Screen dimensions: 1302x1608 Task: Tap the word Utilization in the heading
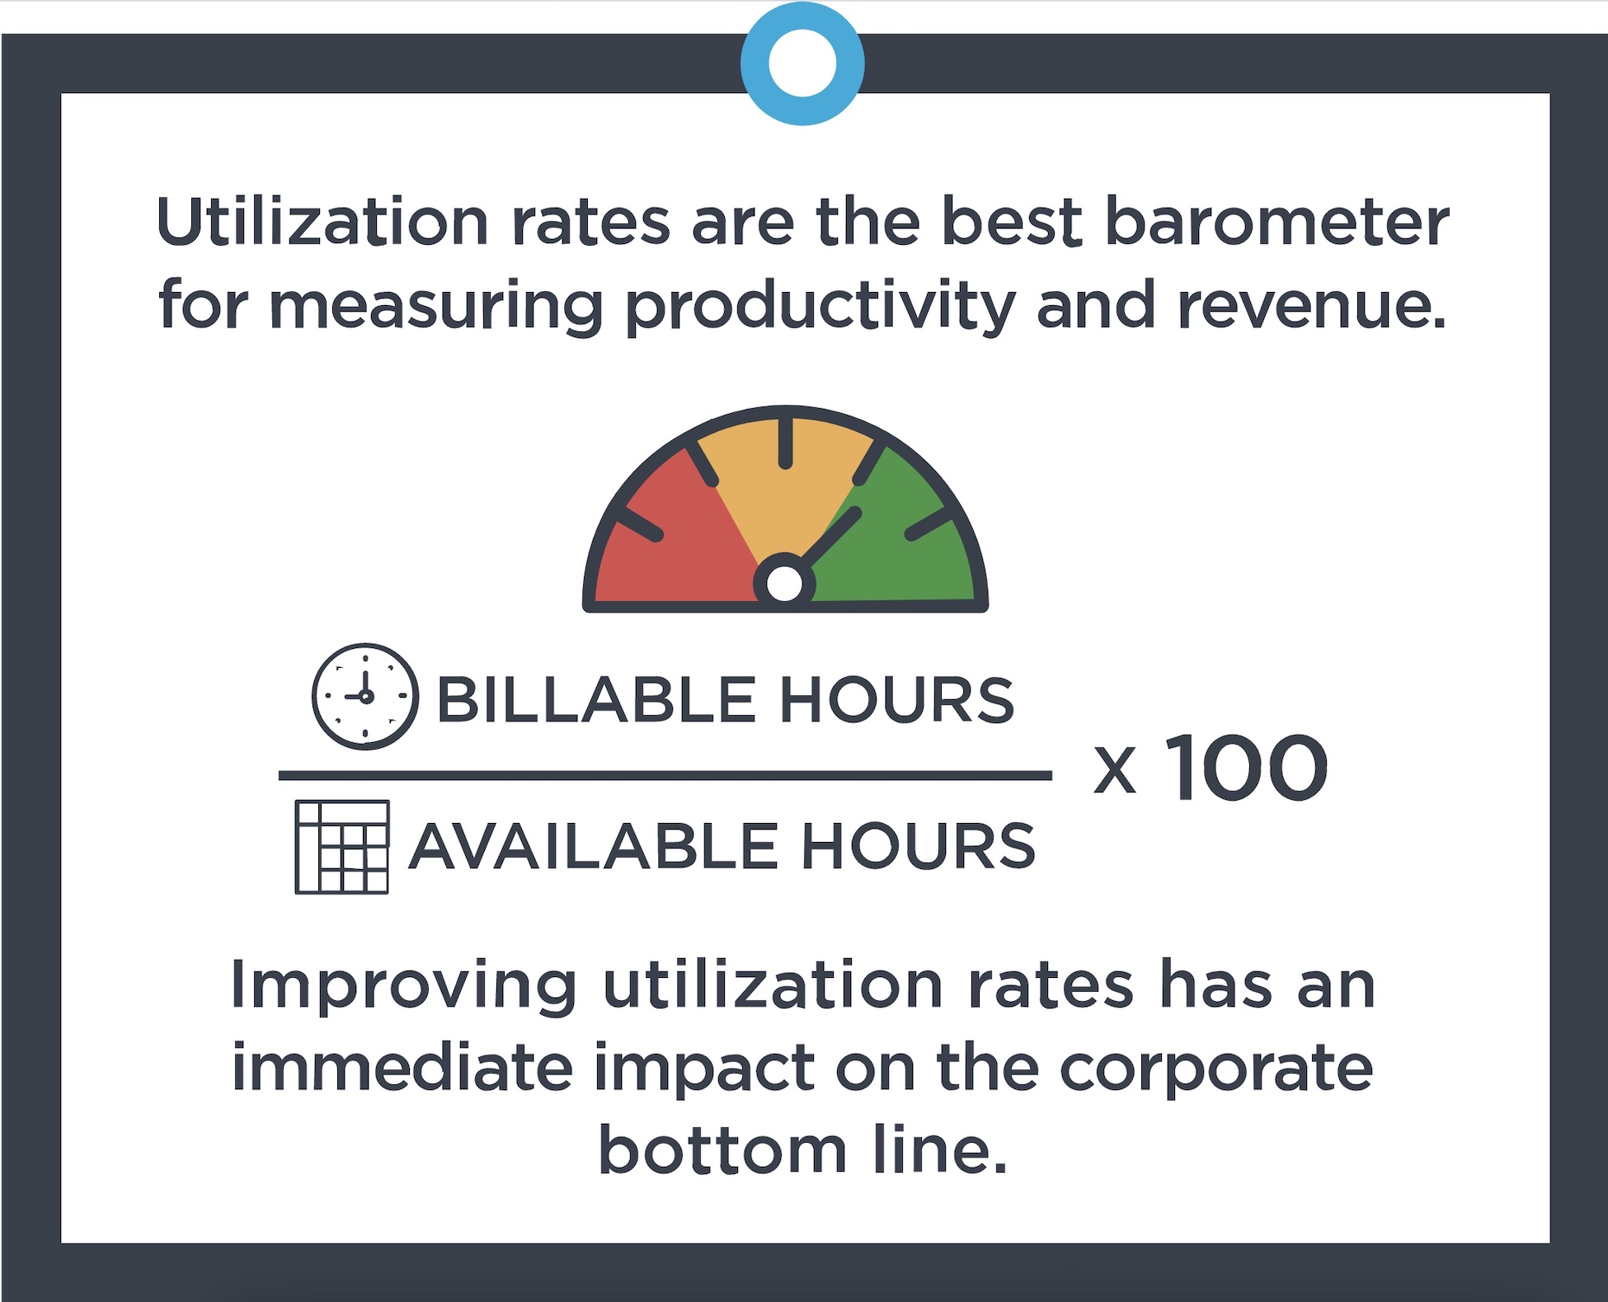322,223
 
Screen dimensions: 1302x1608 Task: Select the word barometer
1276,223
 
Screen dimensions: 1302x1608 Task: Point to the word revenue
1311,305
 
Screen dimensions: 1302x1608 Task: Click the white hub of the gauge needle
784,583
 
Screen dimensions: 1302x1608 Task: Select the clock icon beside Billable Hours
364,697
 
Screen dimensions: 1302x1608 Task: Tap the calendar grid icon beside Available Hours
341,847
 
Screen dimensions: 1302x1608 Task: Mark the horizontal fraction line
665,775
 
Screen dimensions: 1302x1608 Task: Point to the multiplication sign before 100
1115,772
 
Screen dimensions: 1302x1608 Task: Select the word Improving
403,985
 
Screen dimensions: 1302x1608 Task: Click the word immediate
402,1068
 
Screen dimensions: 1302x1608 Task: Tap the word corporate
1215,1069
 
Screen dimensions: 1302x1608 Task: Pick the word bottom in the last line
722,1150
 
